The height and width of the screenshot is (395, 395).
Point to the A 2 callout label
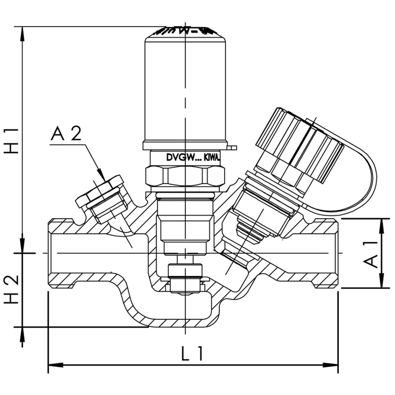(66, 135)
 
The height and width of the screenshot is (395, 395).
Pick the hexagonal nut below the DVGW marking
(185, 176)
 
